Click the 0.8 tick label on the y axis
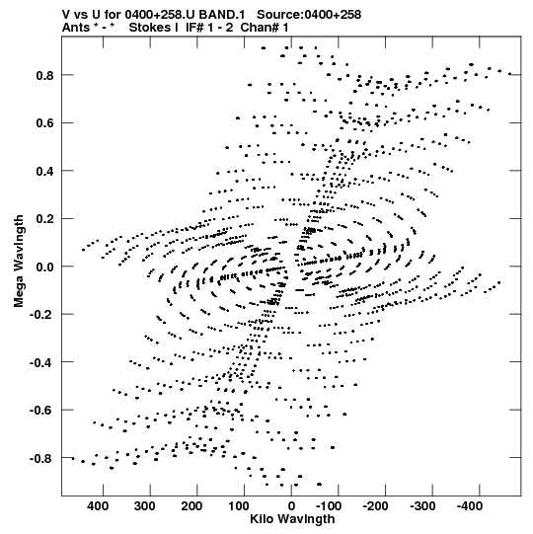click(x=44, y=75)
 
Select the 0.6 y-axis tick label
click(x=44, y=123)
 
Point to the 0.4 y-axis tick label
click(x=44, y=171)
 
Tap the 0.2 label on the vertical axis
click(x=44, y=219)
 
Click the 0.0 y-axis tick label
click(x=44, y=267)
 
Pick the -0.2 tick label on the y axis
click(x=41, y=314)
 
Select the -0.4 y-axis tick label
click(x=41, y=362)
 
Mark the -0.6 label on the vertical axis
click(x=41, y=410)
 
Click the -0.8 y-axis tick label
click(x=41, y=458)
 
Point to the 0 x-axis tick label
click(x=291, y=506)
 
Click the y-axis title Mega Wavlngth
click(x=19, y=261)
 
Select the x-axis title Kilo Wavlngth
click(x=292, y=519)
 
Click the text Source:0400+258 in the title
click(x=309, y=15)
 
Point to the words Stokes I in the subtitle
click(x=154, y=28)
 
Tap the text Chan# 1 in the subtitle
click(x=265, y=28)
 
